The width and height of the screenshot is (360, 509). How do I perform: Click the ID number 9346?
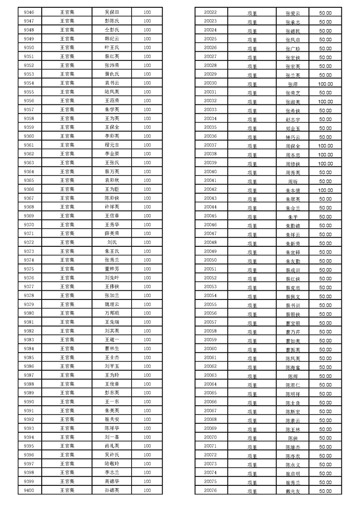pos(29,12)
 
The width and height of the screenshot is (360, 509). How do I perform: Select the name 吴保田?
pos(112,12)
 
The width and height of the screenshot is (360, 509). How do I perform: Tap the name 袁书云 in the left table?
pos(112,83)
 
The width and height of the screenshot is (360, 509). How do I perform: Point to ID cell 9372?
pos(29,242)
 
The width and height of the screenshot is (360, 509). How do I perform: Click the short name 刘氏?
pos(112,242)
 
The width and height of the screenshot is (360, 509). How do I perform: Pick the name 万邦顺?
pos(112,313)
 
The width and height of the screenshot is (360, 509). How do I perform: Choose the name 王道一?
pos(112,340)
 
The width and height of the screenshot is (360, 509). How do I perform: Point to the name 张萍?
pos(293,84)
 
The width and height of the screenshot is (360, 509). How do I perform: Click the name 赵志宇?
pos(293,119)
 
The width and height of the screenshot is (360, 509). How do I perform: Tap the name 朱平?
pos(293,217)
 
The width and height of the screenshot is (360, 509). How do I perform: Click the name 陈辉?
pos(293,377)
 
